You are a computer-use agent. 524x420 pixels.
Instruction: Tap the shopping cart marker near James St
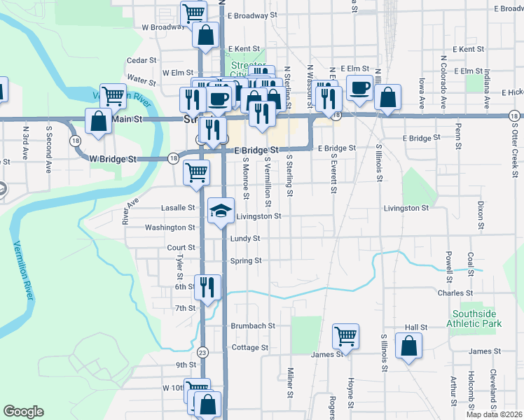pos(346,336)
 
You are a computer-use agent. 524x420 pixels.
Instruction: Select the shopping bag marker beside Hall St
pos(408,346)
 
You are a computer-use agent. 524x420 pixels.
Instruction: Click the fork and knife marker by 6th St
pos(207,287)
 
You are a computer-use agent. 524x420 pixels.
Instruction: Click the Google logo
pos(23,412)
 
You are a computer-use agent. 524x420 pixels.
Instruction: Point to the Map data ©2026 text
pos(494,414)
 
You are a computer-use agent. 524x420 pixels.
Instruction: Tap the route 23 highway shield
pos(202,351)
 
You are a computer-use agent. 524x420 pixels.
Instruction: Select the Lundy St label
pos(245,239)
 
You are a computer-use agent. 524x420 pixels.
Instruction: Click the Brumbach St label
pos(254,326)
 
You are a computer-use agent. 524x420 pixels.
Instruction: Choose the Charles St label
pos(455,293)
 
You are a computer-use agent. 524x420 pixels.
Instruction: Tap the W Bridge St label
pos(113,159)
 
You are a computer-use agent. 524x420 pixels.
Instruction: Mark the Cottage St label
pos(246,347)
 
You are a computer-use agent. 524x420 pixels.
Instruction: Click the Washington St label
pos(170,227)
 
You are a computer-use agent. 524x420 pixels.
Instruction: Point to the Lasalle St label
pos(178,208)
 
